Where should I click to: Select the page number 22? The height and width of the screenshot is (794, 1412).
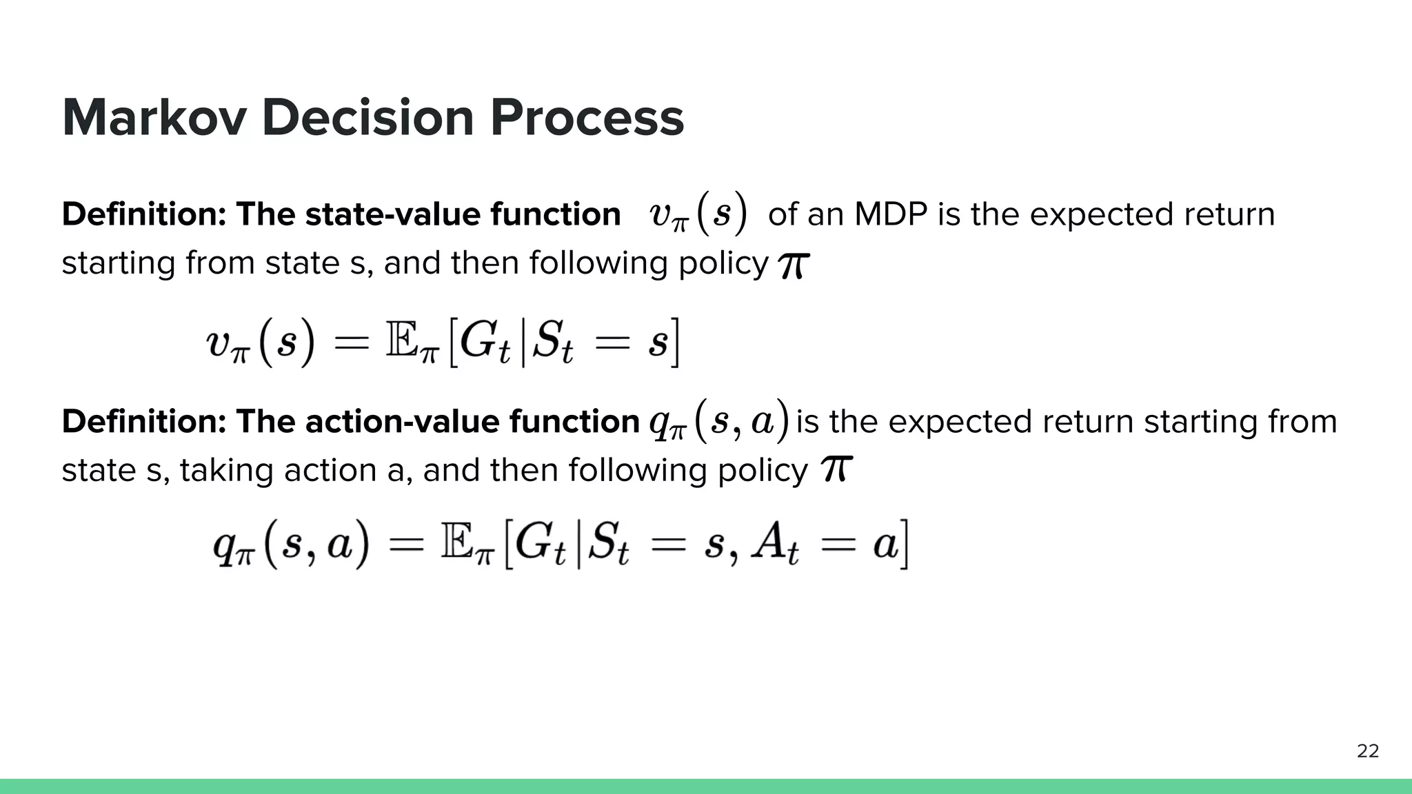pos(1367,751)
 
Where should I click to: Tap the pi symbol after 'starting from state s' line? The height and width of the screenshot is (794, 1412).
pos(793,265)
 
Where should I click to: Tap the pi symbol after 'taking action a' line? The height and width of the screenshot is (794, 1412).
pos(836,470)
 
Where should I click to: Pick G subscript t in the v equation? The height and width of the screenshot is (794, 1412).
pos(484,343)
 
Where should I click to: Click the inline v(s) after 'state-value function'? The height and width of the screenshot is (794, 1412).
pos(697,214)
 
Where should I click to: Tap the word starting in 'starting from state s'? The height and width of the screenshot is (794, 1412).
pos(118,264)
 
